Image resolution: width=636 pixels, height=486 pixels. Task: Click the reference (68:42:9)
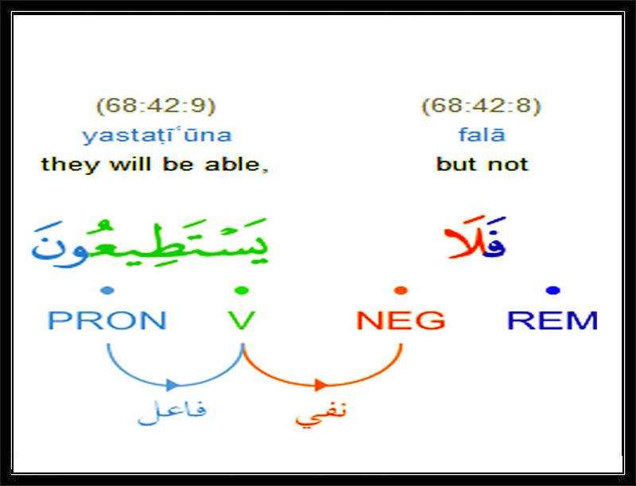tap(156, 107)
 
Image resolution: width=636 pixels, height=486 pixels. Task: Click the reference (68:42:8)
tap(482, 107)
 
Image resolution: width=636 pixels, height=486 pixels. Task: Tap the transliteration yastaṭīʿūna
tap(157, 135)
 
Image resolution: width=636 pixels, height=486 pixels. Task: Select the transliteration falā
tap(482, 134)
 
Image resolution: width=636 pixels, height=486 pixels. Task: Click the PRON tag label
tap(107, 320)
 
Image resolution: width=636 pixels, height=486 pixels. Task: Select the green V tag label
tap(242, 320)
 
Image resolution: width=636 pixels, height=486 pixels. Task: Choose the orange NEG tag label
tap(401, 320)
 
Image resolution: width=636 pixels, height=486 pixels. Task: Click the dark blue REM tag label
tap(553, 320)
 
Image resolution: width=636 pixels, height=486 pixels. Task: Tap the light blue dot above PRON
tap(107, 290)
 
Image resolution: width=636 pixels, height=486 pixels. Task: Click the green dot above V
tap(242, 290)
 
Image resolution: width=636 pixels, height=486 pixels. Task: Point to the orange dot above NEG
tap(401, 290)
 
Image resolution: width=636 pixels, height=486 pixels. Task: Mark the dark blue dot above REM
tap(553, 290)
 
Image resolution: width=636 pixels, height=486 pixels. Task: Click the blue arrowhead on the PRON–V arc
tap(173, 384)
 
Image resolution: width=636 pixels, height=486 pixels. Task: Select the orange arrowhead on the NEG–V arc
tap(322, 384)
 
